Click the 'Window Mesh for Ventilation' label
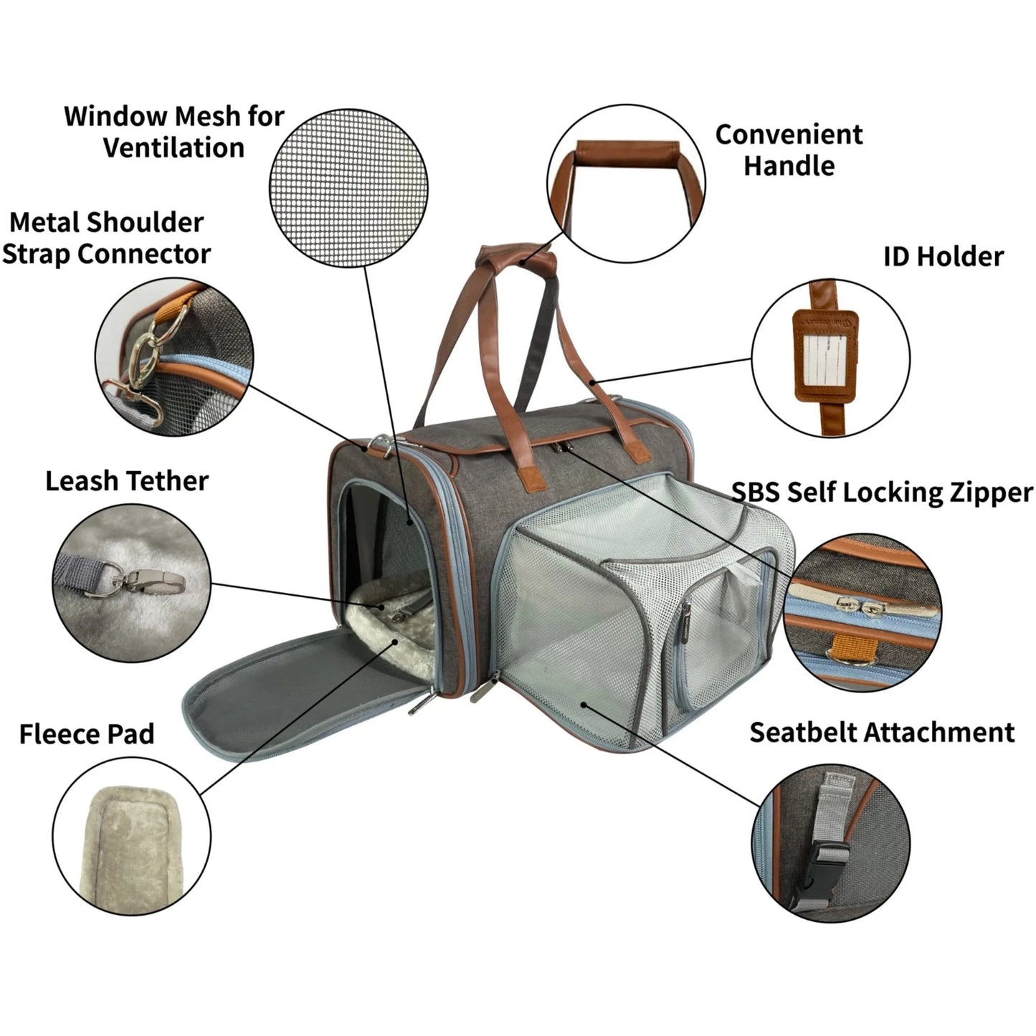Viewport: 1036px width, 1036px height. [174, 132]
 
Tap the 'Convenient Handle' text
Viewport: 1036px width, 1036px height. [789, 150]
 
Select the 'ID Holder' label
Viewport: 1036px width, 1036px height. [943, 257]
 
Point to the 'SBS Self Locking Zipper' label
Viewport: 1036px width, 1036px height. [882, 493]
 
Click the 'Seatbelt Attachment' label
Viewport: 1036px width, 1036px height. [882, 732]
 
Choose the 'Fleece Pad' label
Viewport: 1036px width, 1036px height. [87, 734]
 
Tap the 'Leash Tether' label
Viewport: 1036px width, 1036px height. [127, 481]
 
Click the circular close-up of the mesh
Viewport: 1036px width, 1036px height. [348, 190]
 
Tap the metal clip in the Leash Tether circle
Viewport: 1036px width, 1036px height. [147, 581]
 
